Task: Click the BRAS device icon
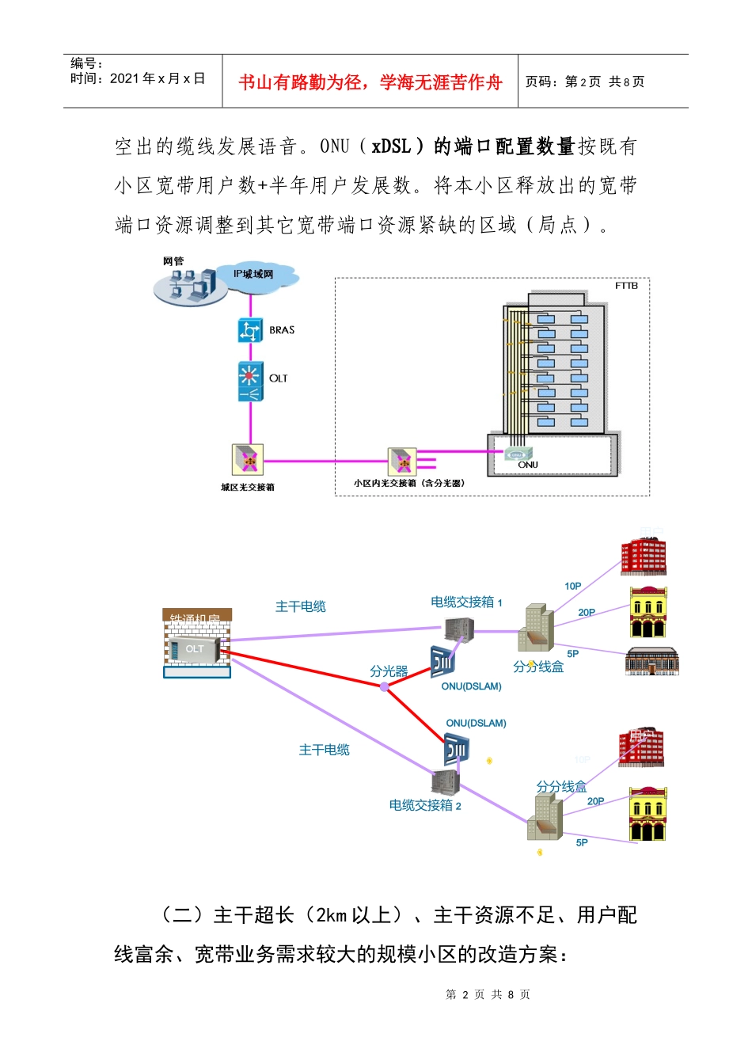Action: (x=250, y=330)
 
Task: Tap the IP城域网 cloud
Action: (x=255, y=275)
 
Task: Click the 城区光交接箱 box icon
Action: (x=247, y=459)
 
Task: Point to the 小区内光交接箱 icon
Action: (x=402, y=461)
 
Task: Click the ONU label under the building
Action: (x=528, y=465)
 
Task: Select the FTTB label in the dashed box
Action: (x=626, y=286)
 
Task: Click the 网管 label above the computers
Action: (x=173, y=261)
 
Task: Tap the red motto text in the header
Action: (x=370, y=82)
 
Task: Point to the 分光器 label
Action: (x=389, y=671)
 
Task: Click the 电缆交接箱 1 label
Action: (x=466, y=602)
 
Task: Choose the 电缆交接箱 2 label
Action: (x=425, y=805)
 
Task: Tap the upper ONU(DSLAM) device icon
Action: (x=442, y=662)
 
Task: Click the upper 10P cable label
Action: (x=573, y=586)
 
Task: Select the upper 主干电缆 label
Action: (x=301, y=606)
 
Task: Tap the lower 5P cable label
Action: (x=582, y=842)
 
